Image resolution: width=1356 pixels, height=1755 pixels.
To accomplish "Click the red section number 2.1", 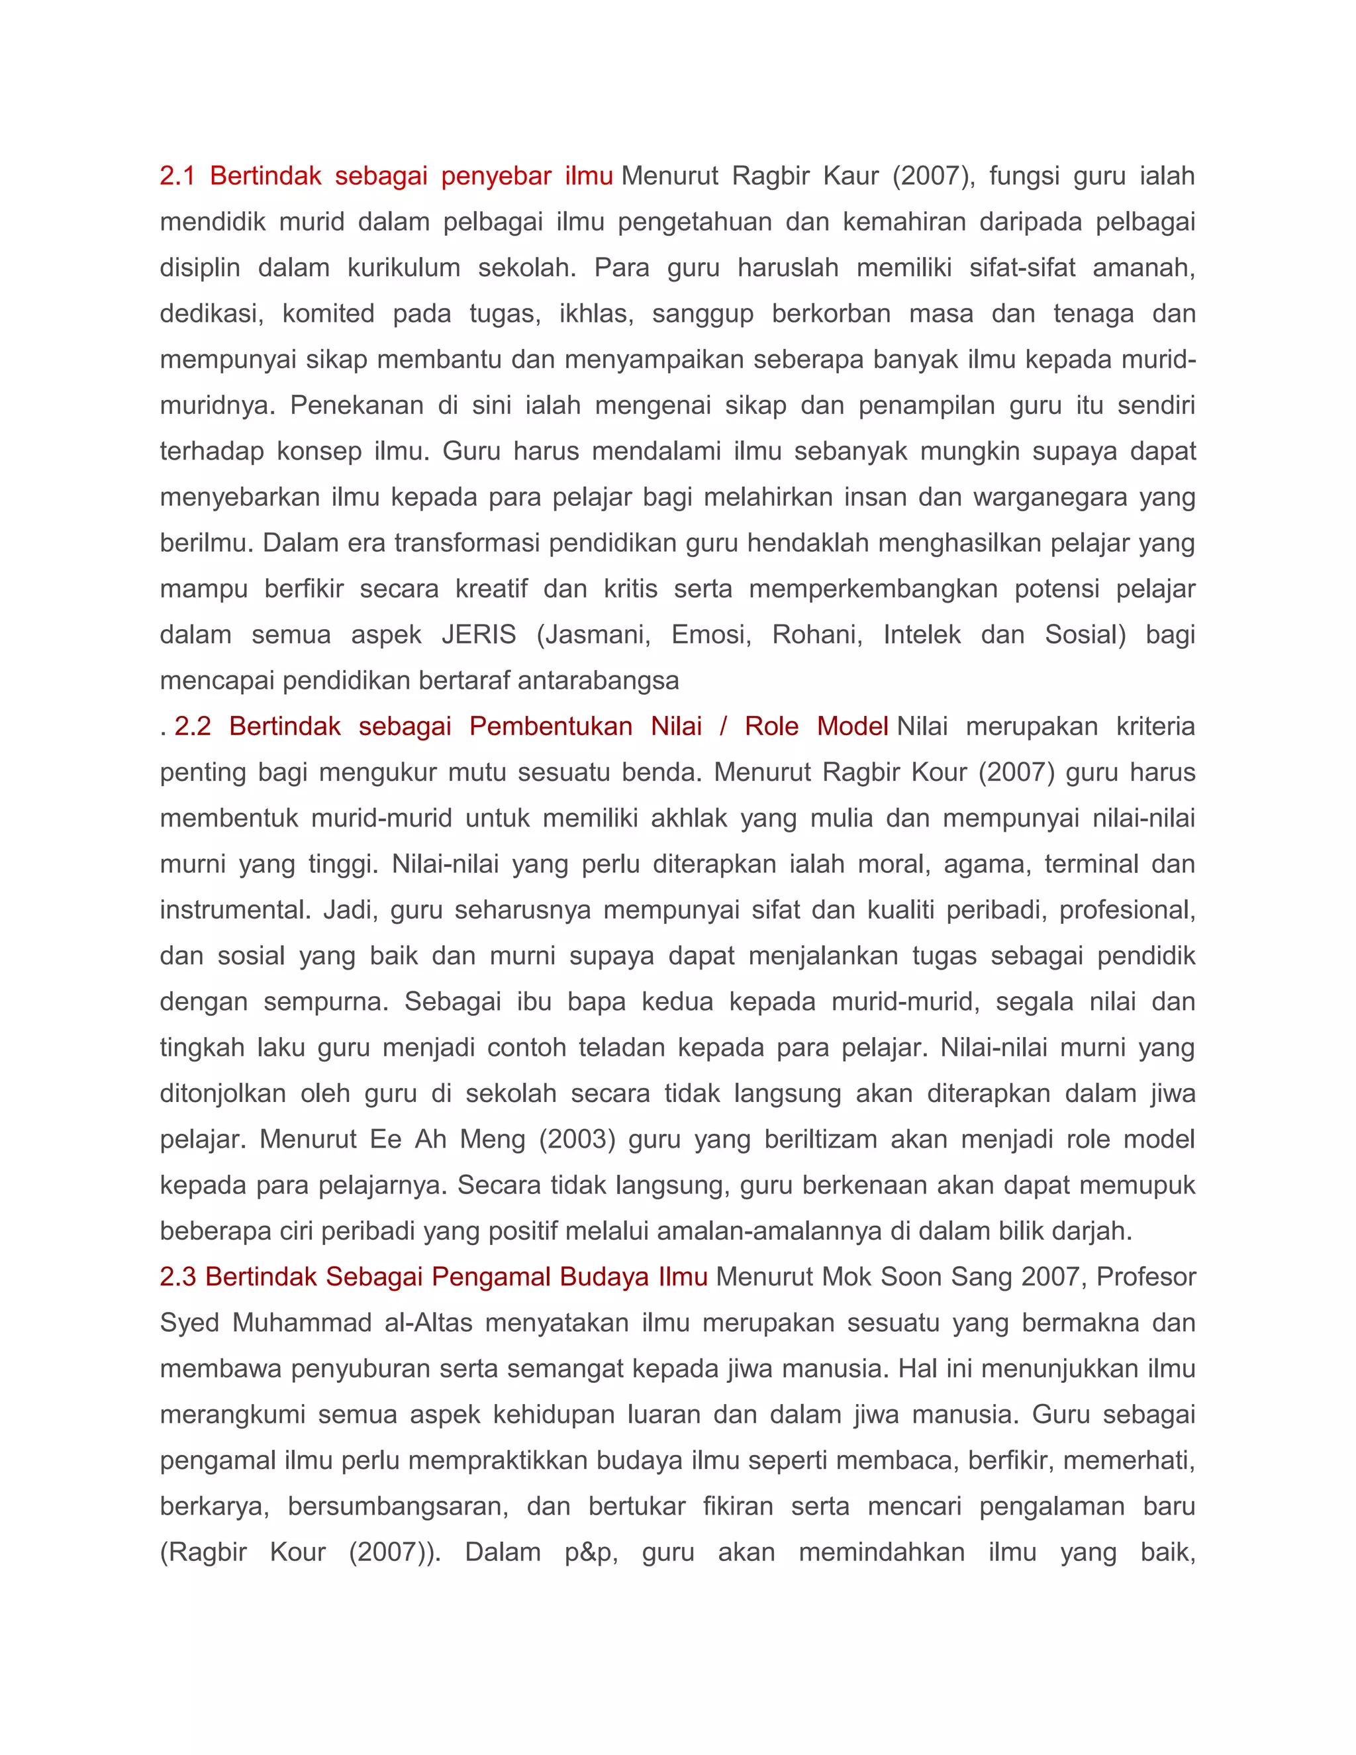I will click(177, 176).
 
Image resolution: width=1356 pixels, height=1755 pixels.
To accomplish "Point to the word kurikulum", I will click(403, 268).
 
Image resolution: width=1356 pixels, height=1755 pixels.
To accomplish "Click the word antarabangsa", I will click(599, 681).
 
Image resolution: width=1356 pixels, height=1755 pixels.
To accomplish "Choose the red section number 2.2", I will click(193, 727).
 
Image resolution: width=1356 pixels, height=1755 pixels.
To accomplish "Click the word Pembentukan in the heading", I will click(551, 727).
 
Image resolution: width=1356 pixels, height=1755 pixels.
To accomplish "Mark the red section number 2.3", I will click(177, 1277).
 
